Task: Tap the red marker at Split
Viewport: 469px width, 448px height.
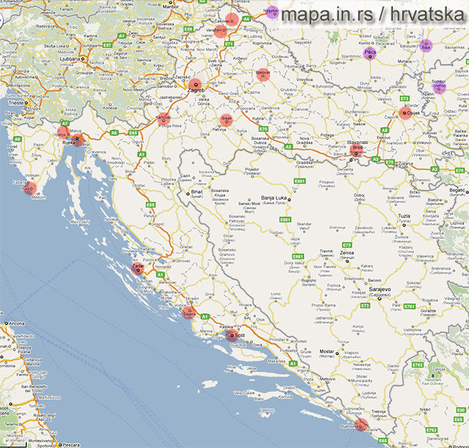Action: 234,332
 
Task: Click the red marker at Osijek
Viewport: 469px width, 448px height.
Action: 406,112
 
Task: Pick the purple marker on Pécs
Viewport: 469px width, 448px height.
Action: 370,54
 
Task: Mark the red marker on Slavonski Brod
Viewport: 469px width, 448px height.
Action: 357,149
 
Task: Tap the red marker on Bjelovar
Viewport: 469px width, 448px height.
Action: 263,74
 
